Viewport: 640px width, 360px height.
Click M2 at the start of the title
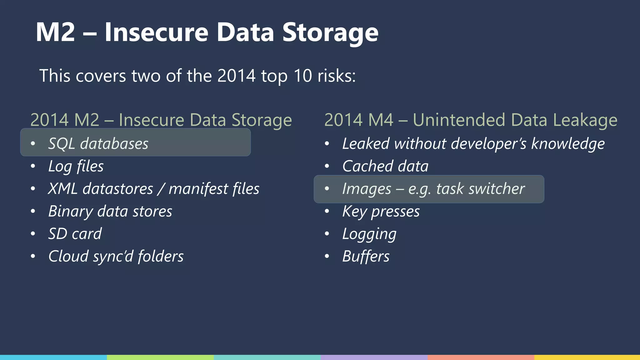55,32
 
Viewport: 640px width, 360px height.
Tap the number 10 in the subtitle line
302,76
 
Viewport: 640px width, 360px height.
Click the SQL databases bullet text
98,144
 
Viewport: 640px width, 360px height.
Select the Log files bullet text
76,166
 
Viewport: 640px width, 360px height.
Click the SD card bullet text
75,234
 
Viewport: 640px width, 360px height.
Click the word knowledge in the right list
568,144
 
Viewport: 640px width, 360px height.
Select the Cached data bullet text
385,166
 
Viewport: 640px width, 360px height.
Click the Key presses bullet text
381,212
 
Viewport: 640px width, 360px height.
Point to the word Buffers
366,256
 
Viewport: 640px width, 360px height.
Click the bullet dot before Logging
327,234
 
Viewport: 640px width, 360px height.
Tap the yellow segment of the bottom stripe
587,357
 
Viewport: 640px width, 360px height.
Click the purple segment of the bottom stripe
374,357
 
